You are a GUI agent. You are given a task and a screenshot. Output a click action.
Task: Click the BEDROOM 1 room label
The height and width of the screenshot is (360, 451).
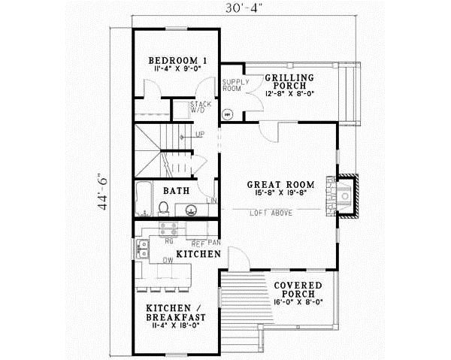[177, 60]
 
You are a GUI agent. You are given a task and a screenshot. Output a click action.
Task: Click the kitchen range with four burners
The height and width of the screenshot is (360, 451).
[170, 233]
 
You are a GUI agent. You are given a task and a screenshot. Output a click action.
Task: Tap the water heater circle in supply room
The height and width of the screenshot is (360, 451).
[230, 115]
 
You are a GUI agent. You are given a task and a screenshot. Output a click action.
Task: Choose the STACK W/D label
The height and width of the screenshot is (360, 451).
[199, 107]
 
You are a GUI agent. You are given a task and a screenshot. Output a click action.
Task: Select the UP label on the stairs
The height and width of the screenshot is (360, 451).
[200, 135]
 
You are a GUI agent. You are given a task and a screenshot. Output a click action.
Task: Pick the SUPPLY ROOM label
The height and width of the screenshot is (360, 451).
[231, 85]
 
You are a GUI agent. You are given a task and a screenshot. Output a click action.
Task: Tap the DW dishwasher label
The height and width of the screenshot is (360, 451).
[168, 260]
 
